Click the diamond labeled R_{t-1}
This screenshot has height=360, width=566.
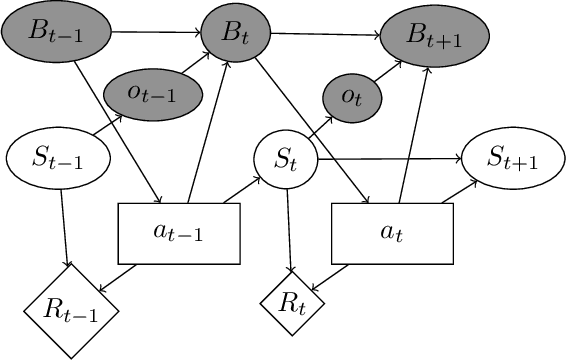coord(71,309)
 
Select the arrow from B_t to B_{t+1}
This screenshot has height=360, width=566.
coord(325,37)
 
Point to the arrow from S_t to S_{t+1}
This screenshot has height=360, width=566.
coord(390,158)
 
